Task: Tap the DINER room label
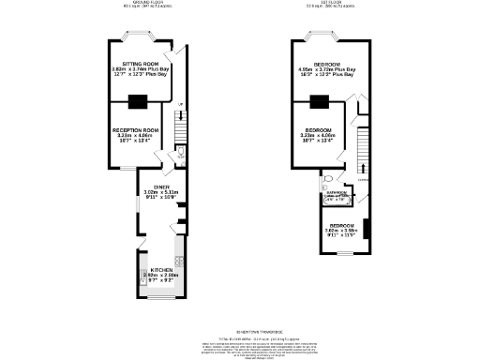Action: tap(161, 187)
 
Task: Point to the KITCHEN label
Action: tap(161, 269)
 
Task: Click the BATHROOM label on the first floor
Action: tap(335, 194)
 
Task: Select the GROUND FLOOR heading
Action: tap(142, 3)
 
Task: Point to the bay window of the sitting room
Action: tap(139, 37)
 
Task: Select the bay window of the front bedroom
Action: tap(330, 37)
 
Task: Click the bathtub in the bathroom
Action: tap(335, 199)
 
